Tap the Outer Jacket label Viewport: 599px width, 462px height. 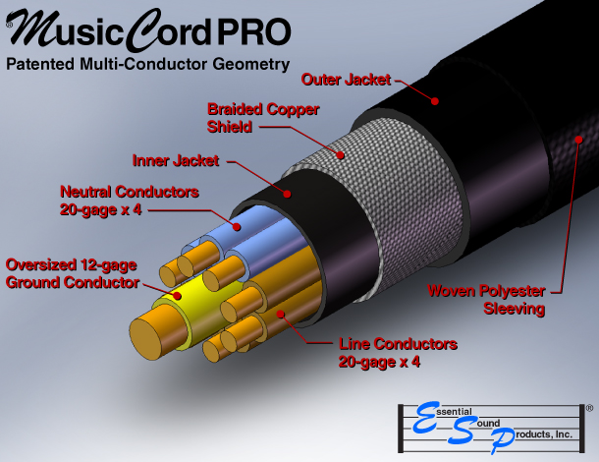click(347, 79)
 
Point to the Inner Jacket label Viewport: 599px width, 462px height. click(178, 158)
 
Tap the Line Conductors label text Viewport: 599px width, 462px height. click(397, 352)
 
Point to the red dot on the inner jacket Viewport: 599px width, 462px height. click(287, 194)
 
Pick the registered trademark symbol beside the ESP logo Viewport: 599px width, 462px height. click(588, 406)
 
